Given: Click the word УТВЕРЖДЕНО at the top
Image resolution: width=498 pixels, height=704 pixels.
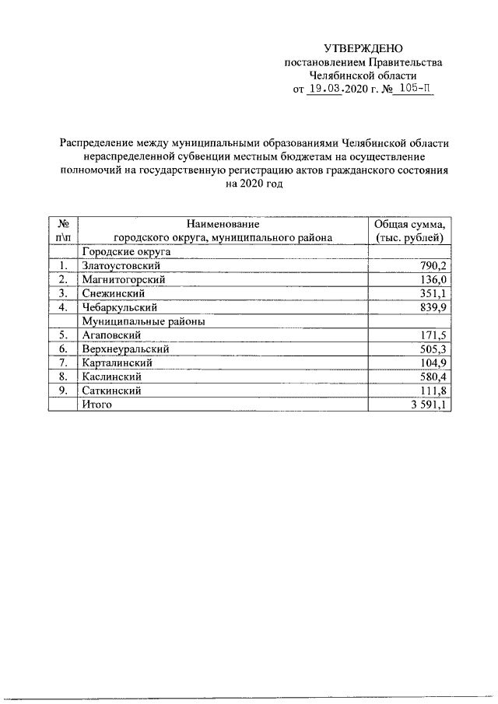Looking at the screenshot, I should click(364, 49).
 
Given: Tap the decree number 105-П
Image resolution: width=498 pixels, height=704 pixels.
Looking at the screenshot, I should click(411, 89).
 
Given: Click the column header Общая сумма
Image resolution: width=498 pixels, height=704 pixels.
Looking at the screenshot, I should click(409, 224).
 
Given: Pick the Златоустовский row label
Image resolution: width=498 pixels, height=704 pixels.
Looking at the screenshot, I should click(121, 266).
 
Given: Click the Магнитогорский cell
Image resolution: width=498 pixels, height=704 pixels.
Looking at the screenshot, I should click(124, 279).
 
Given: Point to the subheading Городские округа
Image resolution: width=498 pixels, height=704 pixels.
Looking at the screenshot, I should click(126, 252).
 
